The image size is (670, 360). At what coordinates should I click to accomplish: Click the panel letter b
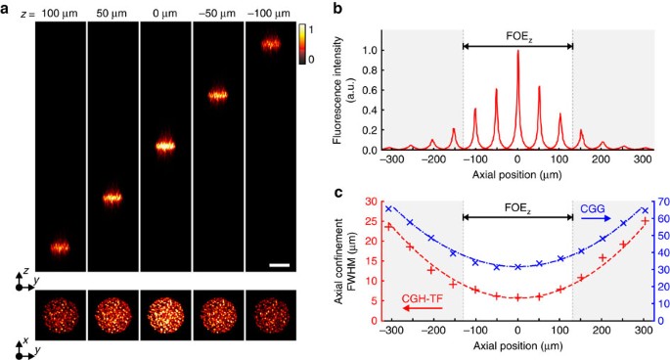tap(336, 9)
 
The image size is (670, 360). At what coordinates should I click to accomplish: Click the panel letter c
tap(336, 193)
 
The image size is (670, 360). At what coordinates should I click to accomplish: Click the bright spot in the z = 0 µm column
tap(165, 147)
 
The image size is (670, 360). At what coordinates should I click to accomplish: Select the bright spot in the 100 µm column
tap(60, 247)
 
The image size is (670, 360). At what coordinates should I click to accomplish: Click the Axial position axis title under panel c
tap(517, 350)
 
